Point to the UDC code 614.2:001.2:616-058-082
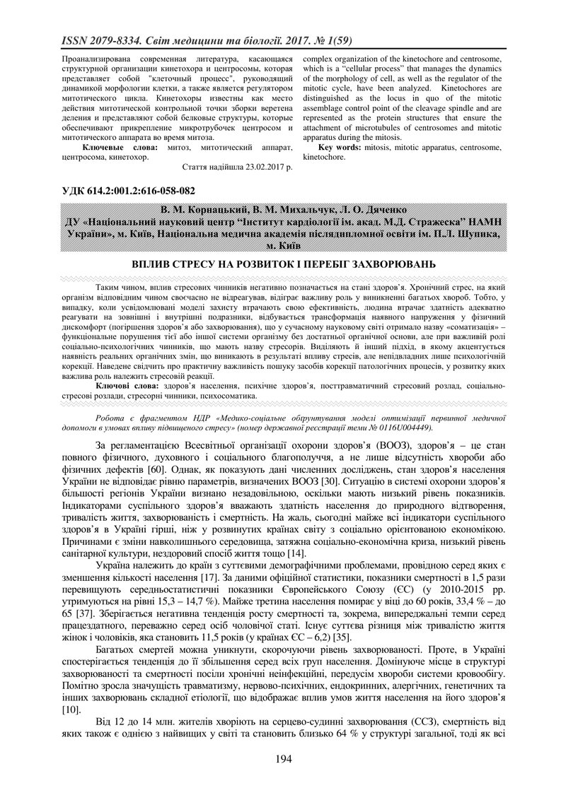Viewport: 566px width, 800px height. tap(146, 191)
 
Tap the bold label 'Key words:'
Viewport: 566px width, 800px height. tap(341, 147)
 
